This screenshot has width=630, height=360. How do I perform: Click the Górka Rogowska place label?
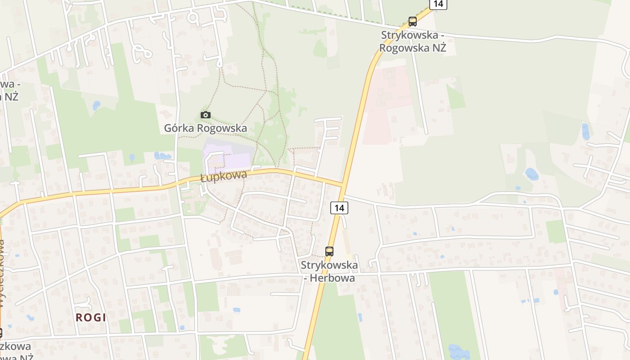(x=205, y=128)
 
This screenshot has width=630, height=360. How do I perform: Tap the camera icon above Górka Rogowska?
(x=206, y=115)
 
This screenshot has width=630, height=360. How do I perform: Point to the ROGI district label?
(x=91, y=317)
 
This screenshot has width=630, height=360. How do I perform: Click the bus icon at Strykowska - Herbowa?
(x=329, y=252)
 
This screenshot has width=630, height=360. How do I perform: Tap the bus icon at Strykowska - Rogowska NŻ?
(x=413, y=21)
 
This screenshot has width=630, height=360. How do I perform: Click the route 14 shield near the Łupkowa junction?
(x=339, y=208)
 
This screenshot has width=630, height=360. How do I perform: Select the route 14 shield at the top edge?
(x=438, y=4)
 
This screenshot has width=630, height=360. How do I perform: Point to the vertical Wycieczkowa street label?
(x=2, y=274)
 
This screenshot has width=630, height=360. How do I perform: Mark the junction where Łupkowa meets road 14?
(x=343, y=184)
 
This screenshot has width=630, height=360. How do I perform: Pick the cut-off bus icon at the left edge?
(x=1, y=333)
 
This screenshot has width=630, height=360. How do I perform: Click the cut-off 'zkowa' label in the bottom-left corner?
(x=15, y=346)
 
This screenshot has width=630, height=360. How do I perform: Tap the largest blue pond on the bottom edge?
(x=458, y=352)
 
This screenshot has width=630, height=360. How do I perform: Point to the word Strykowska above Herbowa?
(x=329, y=265)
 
